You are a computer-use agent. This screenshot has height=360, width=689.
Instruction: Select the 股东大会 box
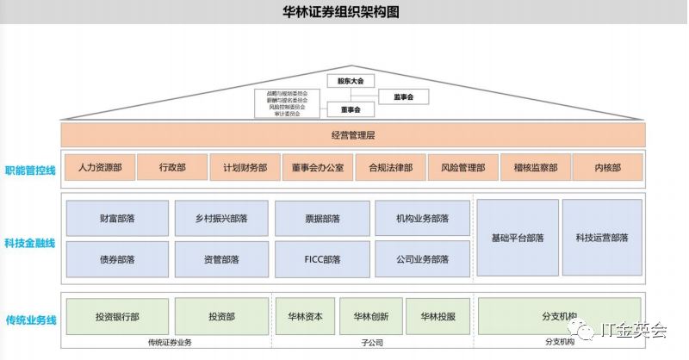(351, 80)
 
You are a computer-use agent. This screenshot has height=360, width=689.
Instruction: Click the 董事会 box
(351, 109)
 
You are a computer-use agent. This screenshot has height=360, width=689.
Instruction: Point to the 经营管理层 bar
(353, 135)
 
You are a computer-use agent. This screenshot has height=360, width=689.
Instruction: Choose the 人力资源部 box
(99, 168)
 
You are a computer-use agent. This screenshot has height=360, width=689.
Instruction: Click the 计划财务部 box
(245, 168)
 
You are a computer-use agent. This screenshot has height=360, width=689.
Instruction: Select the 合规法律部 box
(390, 168)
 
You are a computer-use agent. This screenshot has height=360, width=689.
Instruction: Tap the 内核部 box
(607, 168)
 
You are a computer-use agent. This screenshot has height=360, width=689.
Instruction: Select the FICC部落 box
(322, 259)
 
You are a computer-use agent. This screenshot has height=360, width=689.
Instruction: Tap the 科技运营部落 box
(602, 238)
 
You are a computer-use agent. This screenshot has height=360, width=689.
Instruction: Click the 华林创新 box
(371, 316)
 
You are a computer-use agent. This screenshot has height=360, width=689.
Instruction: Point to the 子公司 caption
(371, 343)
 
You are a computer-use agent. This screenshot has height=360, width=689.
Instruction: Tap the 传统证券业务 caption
(169, 343)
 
